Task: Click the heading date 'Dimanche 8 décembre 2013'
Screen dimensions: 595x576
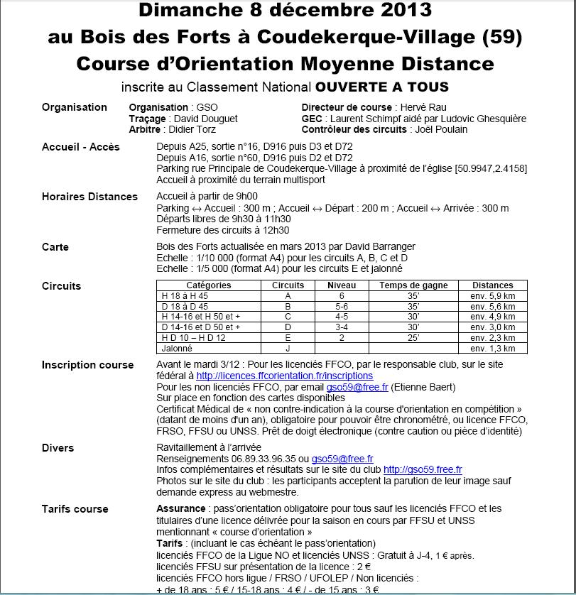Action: click(x=285, y=10)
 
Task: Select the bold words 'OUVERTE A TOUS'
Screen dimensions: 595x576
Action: click(x=381, y=87)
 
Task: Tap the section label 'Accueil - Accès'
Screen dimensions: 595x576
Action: click(x=81, y=147)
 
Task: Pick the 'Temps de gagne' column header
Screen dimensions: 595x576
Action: click(x=413, y=285)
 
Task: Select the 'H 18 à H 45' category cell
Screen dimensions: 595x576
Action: click(x=185, y=295)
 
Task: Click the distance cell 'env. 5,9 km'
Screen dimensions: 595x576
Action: click(x=492, y=295)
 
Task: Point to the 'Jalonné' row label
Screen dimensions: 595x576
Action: click(x=177, y=349)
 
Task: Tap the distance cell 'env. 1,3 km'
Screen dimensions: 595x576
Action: click(x=492, y=349)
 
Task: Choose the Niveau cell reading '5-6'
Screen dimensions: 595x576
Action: click(x=341, y=306)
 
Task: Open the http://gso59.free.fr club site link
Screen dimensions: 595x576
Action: click(x=423, y=470)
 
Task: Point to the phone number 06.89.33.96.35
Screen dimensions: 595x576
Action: click(x=256, y=459)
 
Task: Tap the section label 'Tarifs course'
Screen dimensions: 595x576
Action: click(x=75, y=509)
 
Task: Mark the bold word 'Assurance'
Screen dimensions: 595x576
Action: click(x=180, y=508)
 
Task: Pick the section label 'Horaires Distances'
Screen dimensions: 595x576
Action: click(x=89, y=197)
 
